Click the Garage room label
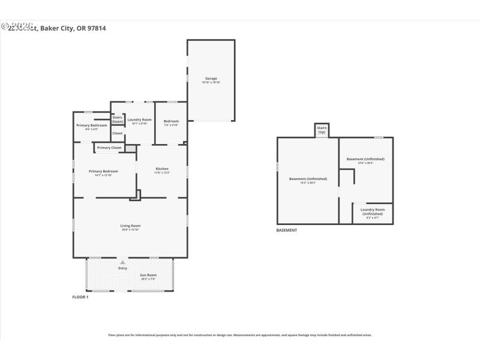(211, 79)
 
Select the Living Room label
(130, 226)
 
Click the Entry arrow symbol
(122, 262)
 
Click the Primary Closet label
(109, 148)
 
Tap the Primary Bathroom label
(92, 125)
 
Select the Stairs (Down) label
(118, 119)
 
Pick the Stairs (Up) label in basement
(322, 130)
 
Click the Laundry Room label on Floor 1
(139, 120)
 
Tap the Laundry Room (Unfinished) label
(372, 211)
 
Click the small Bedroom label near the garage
(171, 121)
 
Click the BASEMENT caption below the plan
(286, 230)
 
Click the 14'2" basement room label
(308, 179)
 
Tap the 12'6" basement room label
(365, 159)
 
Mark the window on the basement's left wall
(277, 167)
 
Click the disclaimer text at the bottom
(239, 335)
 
